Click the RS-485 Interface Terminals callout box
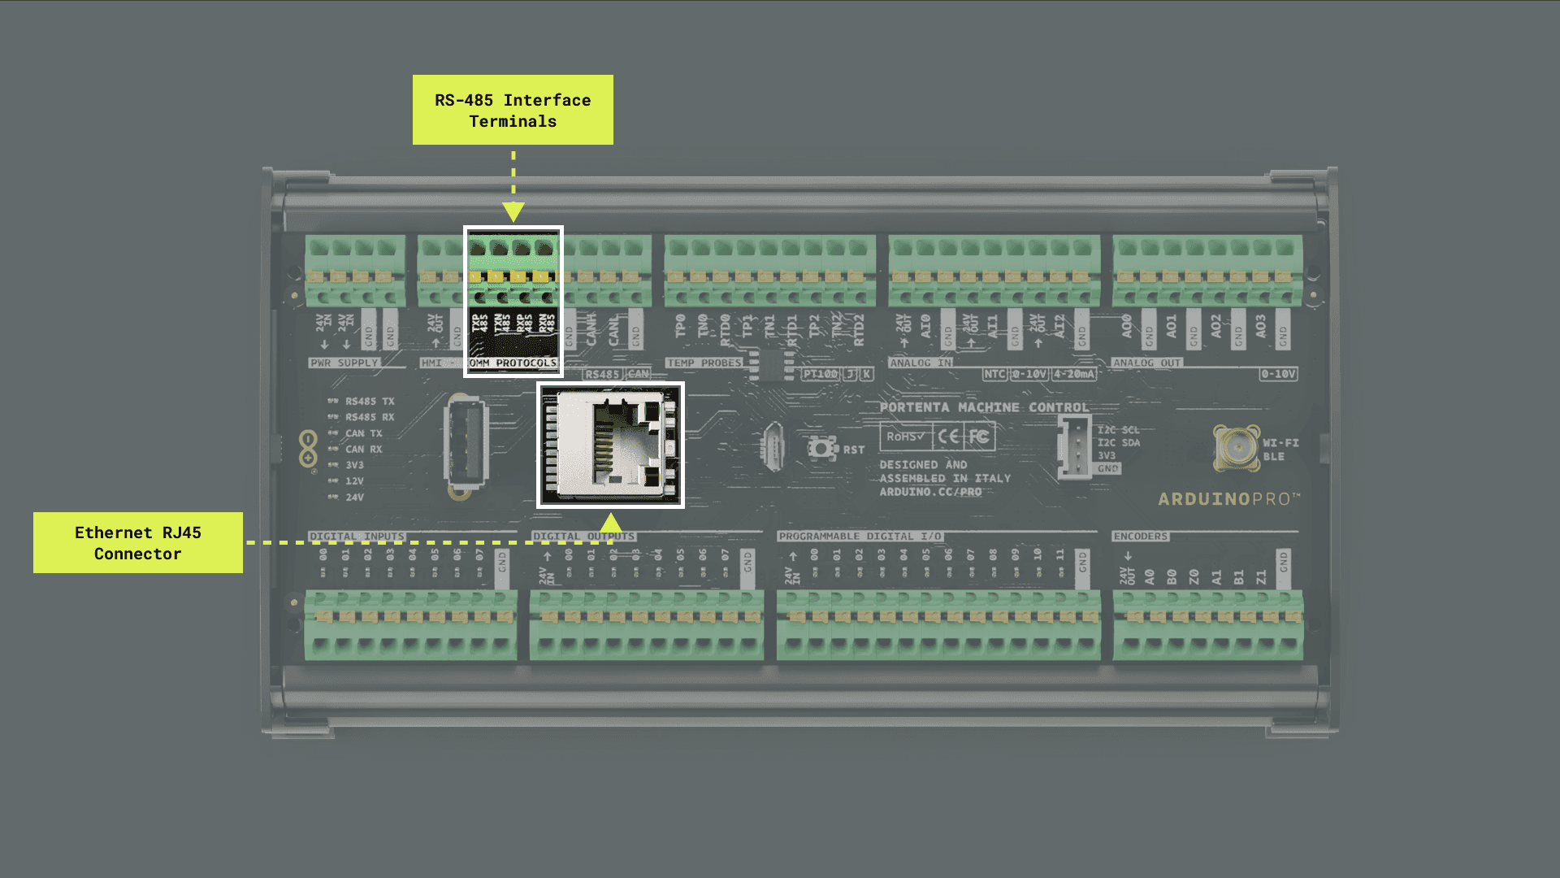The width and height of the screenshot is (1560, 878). coord(513,110)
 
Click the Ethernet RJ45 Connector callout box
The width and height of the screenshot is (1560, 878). coord(138,542)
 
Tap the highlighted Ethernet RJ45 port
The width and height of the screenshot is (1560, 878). coord(611,446)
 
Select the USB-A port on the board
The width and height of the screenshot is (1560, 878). coord(466,443)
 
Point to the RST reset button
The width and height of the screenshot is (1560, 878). coord(822,448)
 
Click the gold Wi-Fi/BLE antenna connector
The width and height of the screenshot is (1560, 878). coord(1236,446)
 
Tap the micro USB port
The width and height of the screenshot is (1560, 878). coord(773,446)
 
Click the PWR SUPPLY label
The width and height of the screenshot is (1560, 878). coord(344,363)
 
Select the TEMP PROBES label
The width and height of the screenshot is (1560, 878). coord(704,363)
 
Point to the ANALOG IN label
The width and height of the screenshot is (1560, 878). coord(921,363)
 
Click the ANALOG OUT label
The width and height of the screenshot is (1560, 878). coord(1146,363)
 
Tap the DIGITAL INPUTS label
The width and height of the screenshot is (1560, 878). coord(357,537)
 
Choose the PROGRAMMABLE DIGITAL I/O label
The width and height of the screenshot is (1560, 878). coord(860,537)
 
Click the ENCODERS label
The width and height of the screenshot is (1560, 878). coord(1140,537)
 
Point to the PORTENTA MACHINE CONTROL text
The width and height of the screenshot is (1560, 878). coord(984,407)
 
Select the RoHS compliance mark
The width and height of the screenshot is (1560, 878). coord(905,437)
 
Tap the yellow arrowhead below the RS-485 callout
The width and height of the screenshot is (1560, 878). coord(513,212)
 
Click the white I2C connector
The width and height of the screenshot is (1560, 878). coord(1074,446)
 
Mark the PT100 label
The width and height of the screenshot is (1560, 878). coord(820,374)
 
